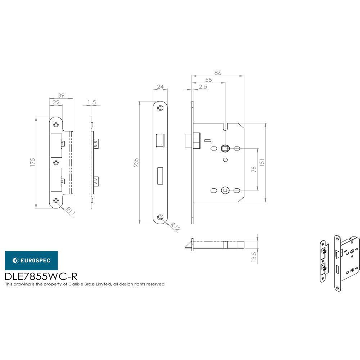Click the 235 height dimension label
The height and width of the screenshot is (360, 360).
click(x=136, y=162)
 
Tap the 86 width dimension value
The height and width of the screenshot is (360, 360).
click(x=217, y=73)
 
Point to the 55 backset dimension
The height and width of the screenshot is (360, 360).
click(x=208, y=80)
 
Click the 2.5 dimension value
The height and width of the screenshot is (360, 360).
click(x=203, y=87)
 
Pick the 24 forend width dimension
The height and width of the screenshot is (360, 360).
click(x=160, y=87)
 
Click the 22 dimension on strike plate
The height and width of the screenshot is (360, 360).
click(x=56, y=102)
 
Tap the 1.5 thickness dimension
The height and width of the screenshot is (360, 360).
click(x=91, y=103)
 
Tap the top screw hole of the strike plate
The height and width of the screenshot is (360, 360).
click(x=56, y=125)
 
